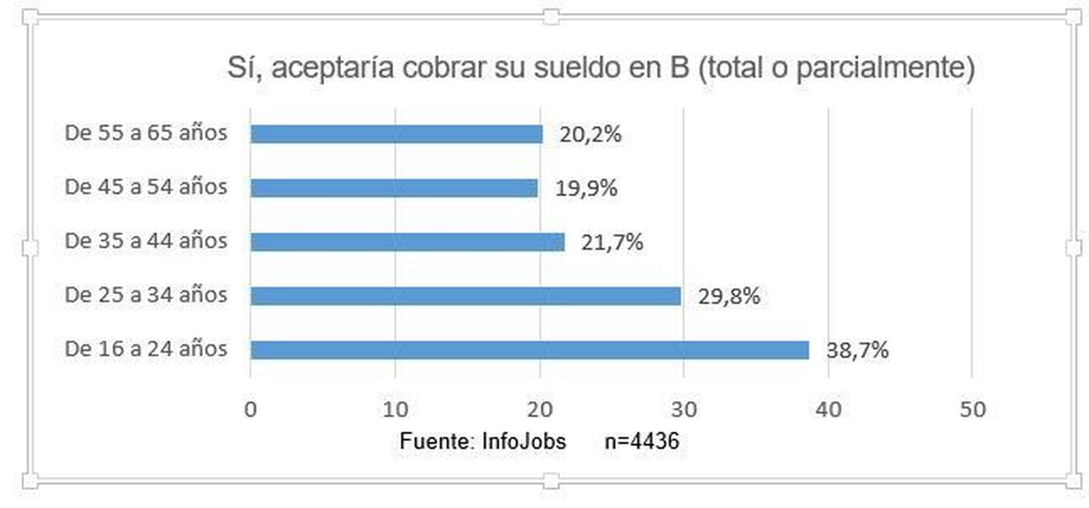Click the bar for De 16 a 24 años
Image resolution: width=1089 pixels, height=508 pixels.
[530, 350]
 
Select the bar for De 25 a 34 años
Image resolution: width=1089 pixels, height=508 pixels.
[466, 296]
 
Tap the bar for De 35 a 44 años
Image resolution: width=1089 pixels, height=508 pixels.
[408, 242]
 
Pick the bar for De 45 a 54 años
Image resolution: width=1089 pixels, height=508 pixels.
[394, 188]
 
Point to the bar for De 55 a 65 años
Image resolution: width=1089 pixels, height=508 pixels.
[397, 134]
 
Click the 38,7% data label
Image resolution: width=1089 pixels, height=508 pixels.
[858, 350]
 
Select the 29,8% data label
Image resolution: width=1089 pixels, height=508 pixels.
[729, 296]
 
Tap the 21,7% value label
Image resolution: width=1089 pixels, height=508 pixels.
[612, 242]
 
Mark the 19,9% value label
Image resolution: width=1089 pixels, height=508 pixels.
[586, 188]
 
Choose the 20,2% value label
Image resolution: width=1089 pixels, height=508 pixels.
[590, 134]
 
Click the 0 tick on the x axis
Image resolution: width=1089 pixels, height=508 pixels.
[250, 409]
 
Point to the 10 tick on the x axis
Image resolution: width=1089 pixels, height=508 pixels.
[395, 409]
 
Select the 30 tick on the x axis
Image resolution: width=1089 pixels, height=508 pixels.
[684, 409]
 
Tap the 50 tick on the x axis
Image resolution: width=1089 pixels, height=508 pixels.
[973, 409]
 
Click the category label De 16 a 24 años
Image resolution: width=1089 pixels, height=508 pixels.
[146, 349]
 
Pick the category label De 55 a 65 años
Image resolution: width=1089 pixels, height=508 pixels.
[146, 132]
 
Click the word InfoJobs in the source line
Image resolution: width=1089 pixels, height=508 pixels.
[523, 441]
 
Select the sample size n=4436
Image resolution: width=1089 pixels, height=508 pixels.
[642, 441]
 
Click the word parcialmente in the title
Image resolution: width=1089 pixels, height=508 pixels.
[885, 67]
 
